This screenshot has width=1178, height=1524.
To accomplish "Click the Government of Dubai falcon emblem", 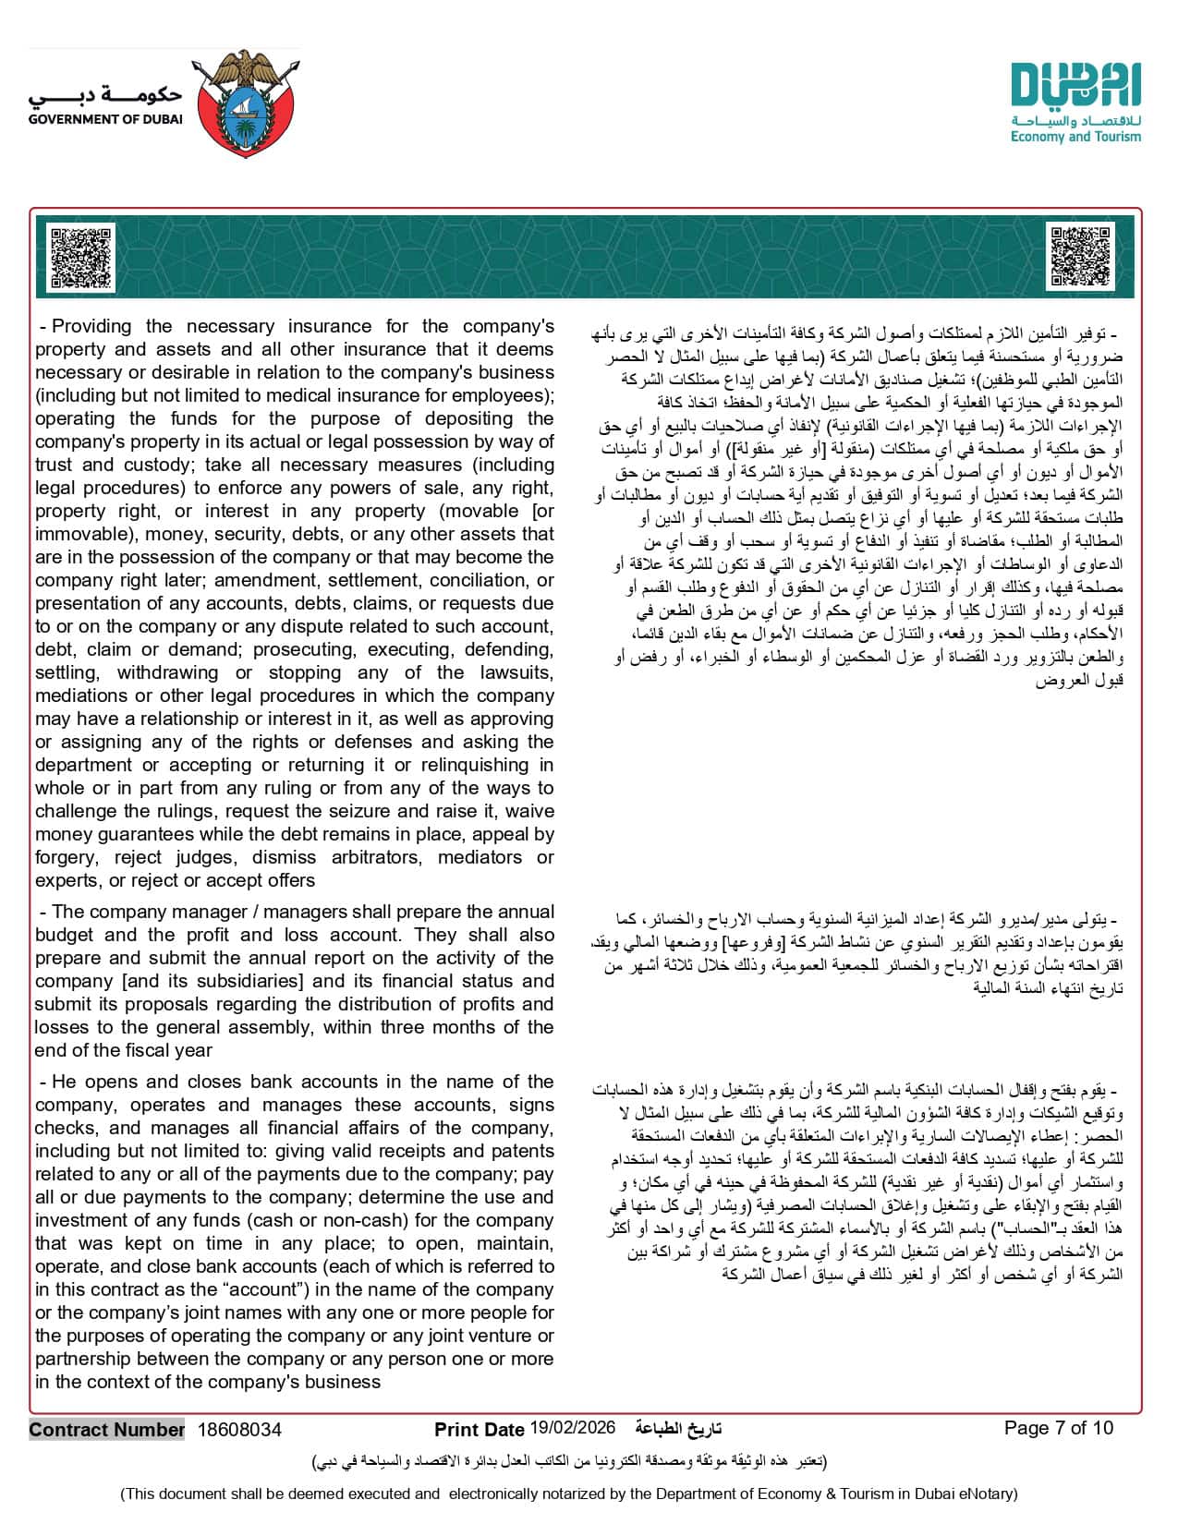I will (245, 103).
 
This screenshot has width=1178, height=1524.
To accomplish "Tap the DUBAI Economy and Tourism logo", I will (1075, 103).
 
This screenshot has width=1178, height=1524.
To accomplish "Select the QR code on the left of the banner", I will (81, 258).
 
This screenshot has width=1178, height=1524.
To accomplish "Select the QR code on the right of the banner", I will (1081, 258).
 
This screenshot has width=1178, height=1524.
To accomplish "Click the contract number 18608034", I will (239, 1430).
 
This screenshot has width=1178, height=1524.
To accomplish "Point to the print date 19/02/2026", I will (573, 1428).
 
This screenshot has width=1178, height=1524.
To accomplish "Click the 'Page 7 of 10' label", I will (1059, 1428).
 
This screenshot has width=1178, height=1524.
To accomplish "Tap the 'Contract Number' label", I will (106, 1430).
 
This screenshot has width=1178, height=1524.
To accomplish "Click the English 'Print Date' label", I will (480, 1430).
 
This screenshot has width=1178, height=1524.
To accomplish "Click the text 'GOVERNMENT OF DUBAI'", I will (105, 119).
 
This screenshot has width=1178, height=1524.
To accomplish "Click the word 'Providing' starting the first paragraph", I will (91, 326).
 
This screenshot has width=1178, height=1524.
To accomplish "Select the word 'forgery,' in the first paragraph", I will (65, 857).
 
